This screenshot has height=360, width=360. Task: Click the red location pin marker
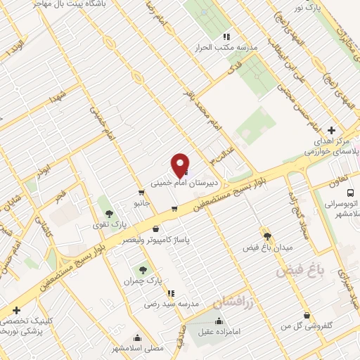181,165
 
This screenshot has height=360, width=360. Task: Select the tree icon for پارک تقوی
108,212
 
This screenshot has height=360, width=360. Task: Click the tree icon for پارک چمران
143,269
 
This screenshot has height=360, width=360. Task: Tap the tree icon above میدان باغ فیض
266,235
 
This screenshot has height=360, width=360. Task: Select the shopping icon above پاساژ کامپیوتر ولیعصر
155,229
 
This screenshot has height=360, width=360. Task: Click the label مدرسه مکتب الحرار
226,48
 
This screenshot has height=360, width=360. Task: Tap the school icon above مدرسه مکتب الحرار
226,37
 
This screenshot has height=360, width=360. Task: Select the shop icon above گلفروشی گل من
306,316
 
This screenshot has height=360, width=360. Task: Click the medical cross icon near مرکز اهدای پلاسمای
331,130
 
